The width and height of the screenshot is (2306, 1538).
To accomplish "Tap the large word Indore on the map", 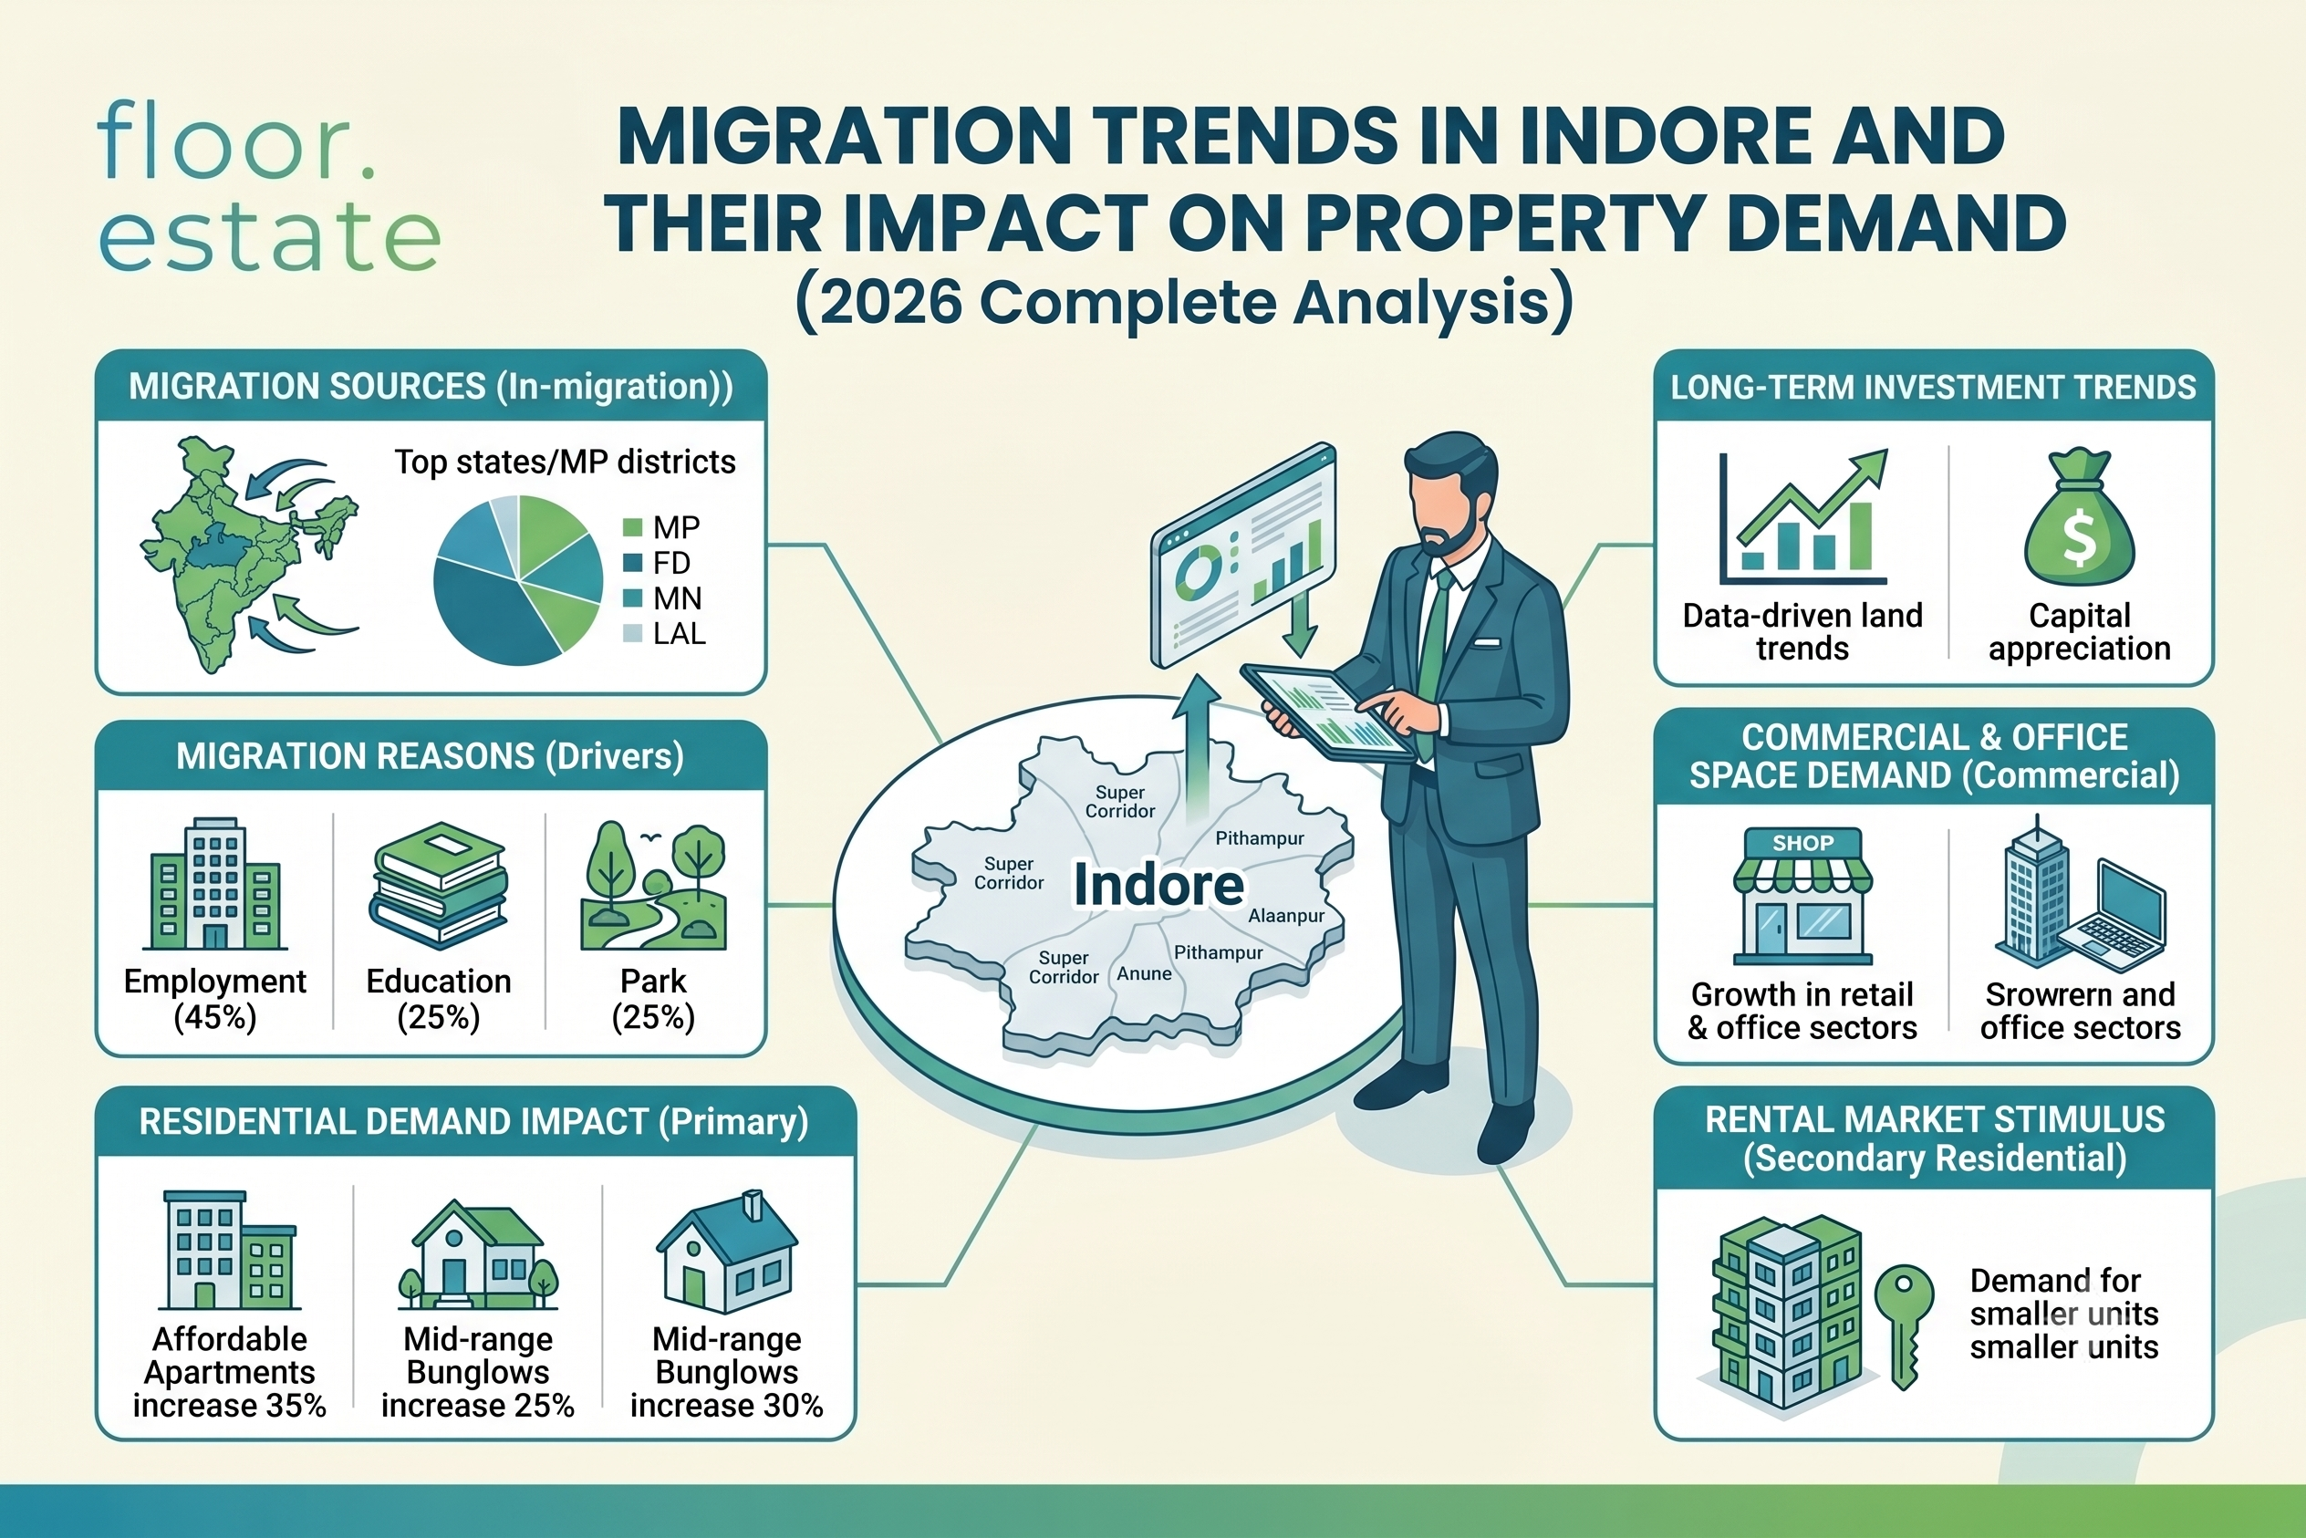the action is (1158, 885).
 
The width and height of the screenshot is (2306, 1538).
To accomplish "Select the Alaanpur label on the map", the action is (1286, 916).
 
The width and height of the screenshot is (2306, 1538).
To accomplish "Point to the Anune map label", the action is (1144, 974).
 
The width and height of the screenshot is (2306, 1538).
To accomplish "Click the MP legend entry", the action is (662, 527).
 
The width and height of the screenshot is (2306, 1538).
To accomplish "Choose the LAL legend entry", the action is (664, 634).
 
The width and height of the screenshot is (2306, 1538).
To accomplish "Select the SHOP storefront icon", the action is (1802, 897).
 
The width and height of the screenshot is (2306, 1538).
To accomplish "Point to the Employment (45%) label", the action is (214, 999).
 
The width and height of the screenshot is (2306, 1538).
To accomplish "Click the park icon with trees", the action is (653, 887).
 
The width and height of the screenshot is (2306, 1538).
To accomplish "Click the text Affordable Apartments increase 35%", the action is (230, 1372).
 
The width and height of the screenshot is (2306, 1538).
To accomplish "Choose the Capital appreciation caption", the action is (2080, 631).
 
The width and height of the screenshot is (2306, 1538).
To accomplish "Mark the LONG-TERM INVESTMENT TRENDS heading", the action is (1933, 388).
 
